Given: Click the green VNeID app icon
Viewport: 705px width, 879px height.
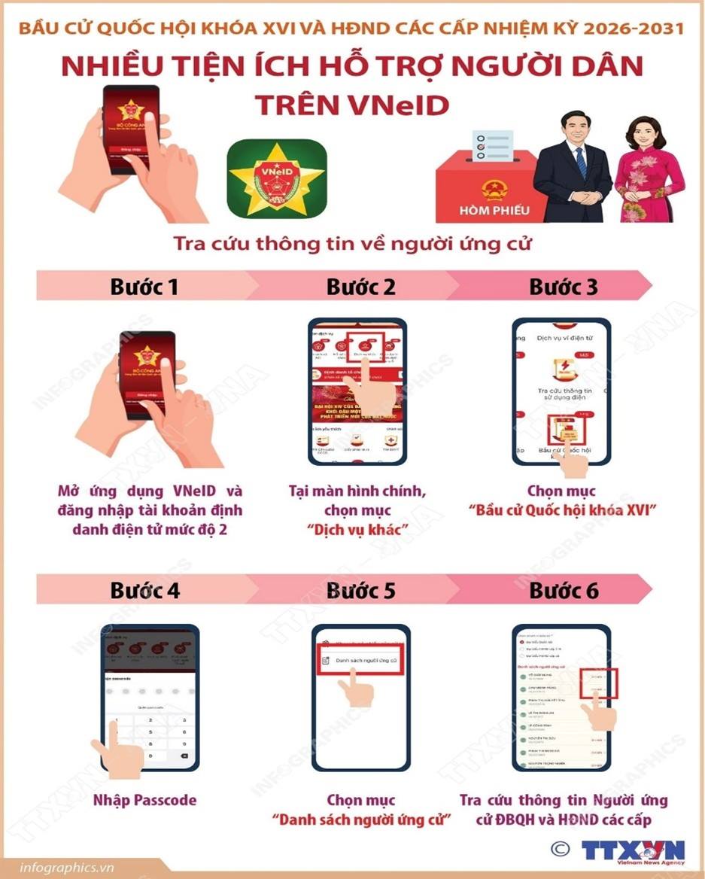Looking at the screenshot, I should click(x=276, y=178).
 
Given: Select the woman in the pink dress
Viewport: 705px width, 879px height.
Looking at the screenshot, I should click(x=649, y=173).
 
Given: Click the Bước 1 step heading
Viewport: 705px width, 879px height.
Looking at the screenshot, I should click(x=144, y=287).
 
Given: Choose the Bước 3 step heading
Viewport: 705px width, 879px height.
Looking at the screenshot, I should click(x=564, y=287).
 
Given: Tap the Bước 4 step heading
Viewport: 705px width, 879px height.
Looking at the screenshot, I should click(x=144, y=590).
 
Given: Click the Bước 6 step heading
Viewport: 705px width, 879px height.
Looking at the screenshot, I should click(x=564, y=590).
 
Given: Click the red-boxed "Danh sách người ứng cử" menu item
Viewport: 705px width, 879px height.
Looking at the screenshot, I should click(x=361, y=659).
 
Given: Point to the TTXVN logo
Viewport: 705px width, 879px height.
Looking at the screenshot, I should click(x=634, y=850).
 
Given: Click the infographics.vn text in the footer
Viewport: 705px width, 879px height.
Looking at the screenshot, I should click(x=67, y=866).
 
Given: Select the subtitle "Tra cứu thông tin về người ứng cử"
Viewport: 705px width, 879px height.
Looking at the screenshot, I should click(x=353, y=245).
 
